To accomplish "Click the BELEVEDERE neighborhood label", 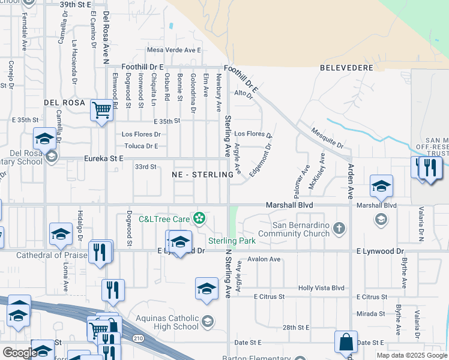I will (347, 68).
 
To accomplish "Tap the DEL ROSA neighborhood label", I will (64, 103).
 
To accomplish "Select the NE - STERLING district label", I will (202, 174).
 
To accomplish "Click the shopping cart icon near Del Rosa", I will (102, 110).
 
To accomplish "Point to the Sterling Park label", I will (232, 241).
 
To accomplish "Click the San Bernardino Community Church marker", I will (340, 228).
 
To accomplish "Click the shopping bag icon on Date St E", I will (346, 342).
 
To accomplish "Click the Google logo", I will (20, 353).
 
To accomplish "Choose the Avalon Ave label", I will (264, 259).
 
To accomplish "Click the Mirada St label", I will (370, 313).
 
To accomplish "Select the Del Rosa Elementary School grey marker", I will (51, 157).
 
